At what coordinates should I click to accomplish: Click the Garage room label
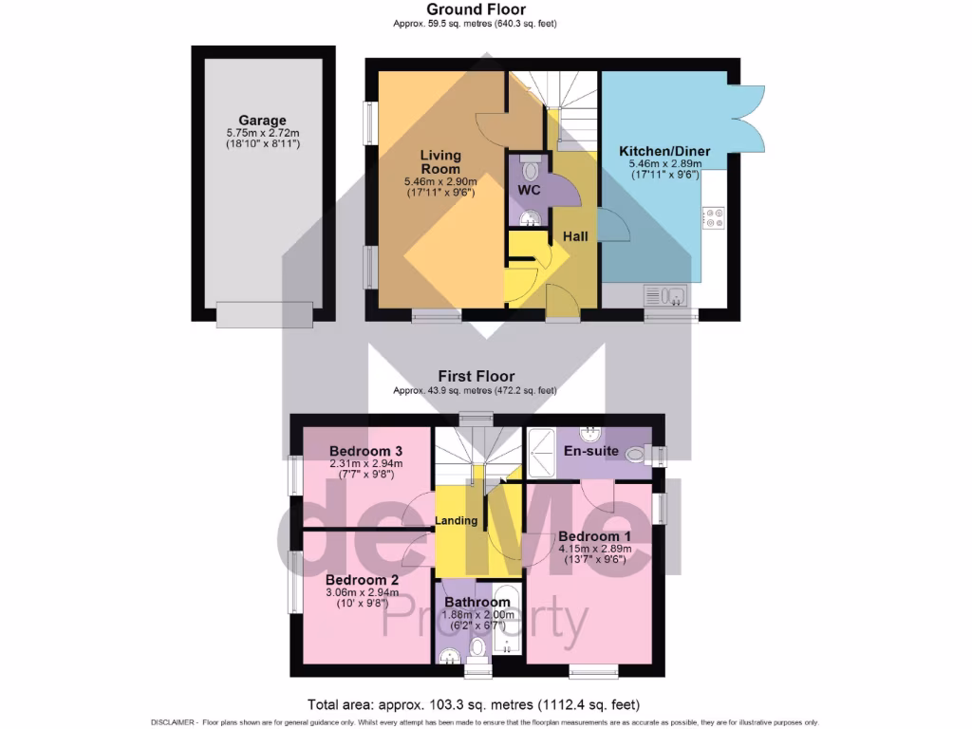click(x=262, y=121)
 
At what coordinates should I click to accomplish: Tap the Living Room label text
click(x=440, y=161)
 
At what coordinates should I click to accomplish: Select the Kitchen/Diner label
click(x=664, y=151)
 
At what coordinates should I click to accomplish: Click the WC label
click(x=529, y=191)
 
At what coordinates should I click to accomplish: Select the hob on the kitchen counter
click(x=713, y=218)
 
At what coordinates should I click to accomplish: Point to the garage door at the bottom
click(x=263, y=312)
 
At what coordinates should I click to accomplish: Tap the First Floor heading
click(x=476, y=376)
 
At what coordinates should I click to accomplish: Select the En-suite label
click(x=592, y=451)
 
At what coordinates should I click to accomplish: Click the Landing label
click(x=456, y=521)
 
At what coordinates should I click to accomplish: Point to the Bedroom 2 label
click(x=361, y=579)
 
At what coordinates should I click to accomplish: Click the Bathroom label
click(x=477, y=602)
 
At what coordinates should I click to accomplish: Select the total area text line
click(x=474, y=705)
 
